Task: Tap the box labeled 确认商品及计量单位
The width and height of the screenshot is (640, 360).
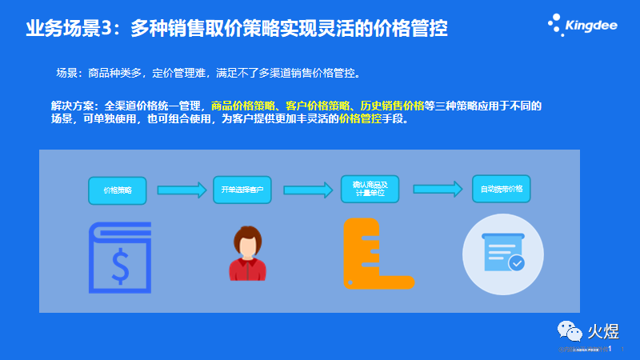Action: click(x=370, y=190)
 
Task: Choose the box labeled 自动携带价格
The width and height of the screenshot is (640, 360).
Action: click(x=502, y=189)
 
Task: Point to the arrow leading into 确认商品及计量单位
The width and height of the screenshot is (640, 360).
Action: click(x=307, y=190)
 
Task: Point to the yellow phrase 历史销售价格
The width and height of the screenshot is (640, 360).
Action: click(x=391, y=106)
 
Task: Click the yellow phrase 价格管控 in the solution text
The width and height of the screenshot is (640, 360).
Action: click(x=360, y=119)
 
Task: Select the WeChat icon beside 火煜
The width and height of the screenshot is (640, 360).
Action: click(x=567, y=330)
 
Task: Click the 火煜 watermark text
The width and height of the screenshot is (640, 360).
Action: click(x=606, y=330)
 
